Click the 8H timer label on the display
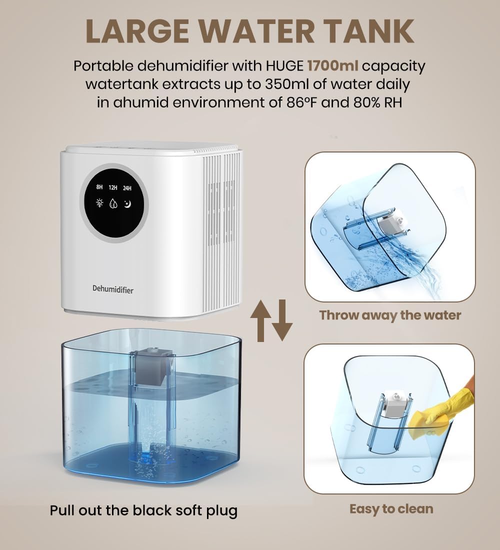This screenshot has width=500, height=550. pos(99,187)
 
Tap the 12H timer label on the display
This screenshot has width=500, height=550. pos(112,187)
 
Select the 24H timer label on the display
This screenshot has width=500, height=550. pos(127,188)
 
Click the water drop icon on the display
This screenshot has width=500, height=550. pos(112,203)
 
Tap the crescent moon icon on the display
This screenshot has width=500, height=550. pos(127,203)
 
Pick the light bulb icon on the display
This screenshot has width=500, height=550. pos(99,202)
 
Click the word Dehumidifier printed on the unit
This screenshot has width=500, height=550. pos(113,289)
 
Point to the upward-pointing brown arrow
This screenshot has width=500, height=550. pos(260,320)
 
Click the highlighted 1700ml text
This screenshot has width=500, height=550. pos(332,65)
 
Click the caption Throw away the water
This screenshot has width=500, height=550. pos(390,315)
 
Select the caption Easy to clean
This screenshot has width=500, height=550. pos(391,509)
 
